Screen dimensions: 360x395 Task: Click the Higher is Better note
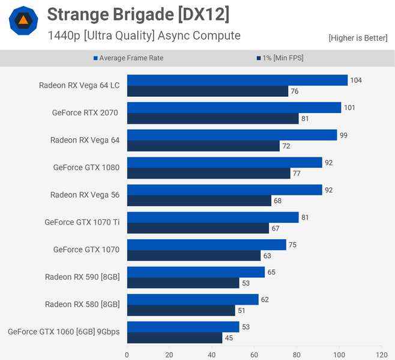tap(358, 38)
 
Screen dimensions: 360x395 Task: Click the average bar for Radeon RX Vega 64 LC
tap(237, 80)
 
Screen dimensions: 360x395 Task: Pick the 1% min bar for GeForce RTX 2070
tap(213, 118)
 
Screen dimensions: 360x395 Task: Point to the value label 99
tap(343, 135)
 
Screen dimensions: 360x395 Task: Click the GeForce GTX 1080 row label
tap(86, 167)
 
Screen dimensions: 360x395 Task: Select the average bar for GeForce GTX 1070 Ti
tap(213, 217)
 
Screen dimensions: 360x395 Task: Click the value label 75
tap(292, 245)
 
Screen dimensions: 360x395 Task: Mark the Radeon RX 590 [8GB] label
tap(82, 276)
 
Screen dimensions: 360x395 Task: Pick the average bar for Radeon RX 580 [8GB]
tap(193, 299)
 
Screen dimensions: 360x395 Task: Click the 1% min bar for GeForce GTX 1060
tap(174, 338)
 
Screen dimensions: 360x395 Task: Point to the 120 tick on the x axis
tap(381, 354)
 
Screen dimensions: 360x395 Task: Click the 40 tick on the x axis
tap(211, 354)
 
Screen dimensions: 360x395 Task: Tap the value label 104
tap(356, 80)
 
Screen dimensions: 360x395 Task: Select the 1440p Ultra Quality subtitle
tap(144, 35)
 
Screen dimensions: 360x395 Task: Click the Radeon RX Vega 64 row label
tap(85, 140)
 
